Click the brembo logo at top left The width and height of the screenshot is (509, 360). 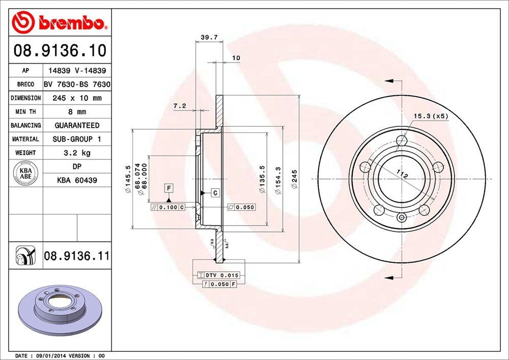pos(60,22)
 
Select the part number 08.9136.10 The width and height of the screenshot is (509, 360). pos(60,51)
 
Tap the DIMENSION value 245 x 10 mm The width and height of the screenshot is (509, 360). pos(77,98)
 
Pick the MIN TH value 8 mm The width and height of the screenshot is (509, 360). pos(77,112)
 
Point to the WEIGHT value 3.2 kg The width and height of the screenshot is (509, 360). pos(77,152)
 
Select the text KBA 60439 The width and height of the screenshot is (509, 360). pos(77,180)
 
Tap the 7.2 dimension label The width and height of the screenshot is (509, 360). pos(180,106)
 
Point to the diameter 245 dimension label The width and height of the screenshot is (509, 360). pos(294,179)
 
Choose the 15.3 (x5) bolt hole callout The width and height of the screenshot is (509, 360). pos(430,116)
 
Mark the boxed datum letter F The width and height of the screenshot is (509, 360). pos(168,188)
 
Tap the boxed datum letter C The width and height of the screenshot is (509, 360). pos(215,193)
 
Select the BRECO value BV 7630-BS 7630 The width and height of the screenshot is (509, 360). pos(77,84)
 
